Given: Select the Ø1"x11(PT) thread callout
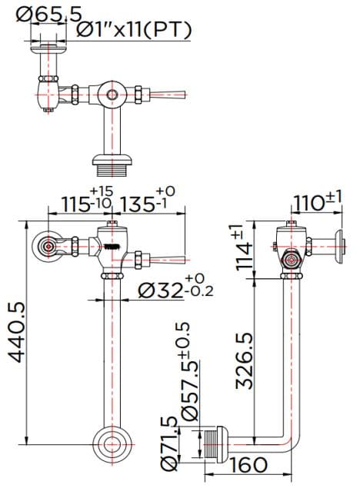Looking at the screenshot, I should tap(135, 30).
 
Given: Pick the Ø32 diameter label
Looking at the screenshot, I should tap(164, 290).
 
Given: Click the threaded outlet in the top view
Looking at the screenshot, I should tap(113, 162).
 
